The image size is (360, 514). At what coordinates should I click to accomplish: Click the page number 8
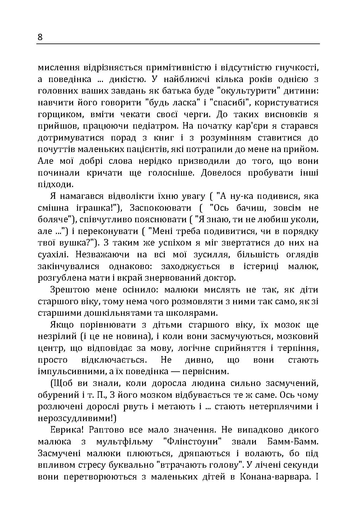[x=40, y=37]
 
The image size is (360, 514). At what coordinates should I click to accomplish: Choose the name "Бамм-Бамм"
[x=293, y=442]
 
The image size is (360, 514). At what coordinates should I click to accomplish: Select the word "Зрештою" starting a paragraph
[x=68, y=290]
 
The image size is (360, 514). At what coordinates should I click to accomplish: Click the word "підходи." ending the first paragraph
[x=55, y=185]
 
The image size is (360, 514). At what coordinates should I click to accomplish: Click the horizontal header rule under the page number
[x=178, y=44]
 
